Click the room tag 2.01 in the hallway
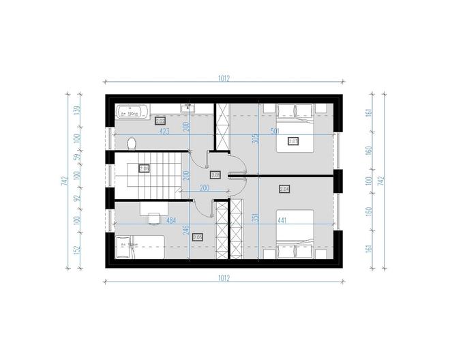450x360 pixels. click(215, 175)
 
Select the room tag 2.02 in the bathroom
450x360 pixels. click(161, 121)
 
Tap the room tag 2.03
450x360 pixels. click(293, 142)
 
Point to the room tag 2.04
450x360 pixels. click(284, 189)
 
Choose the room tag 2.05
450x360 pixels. click(198, 237)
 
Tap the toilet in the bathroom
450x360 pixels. click(132, 143)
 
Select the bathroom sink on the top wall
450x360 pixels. click(188, 107)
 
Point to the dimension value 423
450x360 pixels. click(165, 132)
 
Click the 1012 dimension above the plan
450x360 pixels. click(224, 78)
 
